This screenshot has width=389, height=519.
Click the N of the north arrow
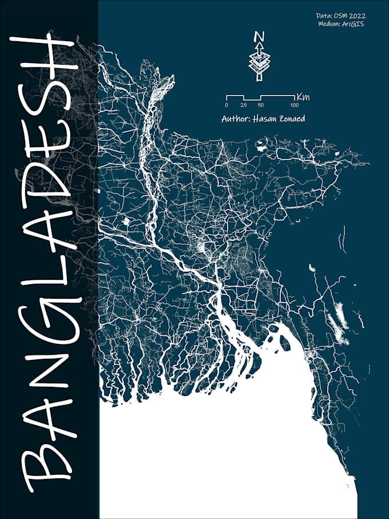pos(259,37)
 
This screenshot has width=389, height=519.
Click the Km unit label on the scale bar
pos(303,97)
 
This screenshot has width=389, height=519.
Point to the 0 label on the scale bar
pos(227,106)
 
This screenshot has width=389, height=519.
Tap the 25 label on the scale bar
pos(244,106)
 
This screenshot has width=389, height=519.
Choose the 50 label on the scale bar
pos(261,106)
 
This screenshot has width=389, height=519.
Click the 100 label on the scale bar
pos(295,106)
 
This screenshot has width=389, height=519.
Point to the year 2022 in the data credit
pos(356,16)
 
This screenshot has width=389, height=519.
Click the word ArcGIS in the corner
pos(353,24)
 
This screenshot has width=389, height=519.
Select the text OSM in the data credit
pos(339,16)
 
